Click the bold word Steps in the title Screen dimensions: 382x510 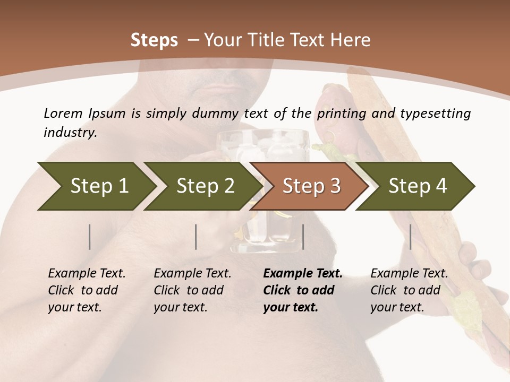(154, 40)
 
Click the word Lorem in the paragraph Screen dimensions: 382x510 (63, 113)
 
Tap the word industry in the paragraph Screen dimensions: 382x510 (70, 132)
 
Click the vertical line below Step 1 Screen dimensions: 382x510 (90, 237)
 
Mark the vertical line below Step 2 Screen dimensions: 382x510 (196, 237)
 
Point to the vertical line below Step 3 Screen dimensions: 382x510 (303, 237)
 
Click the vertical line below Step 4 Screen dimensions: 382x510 (410, 237)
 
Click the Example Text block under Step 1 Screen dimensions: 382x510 (87, 290)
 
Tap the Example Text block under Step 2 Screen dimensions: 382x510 (192, 290)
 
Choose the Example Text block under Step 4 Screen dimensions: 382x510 (409, 290)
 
